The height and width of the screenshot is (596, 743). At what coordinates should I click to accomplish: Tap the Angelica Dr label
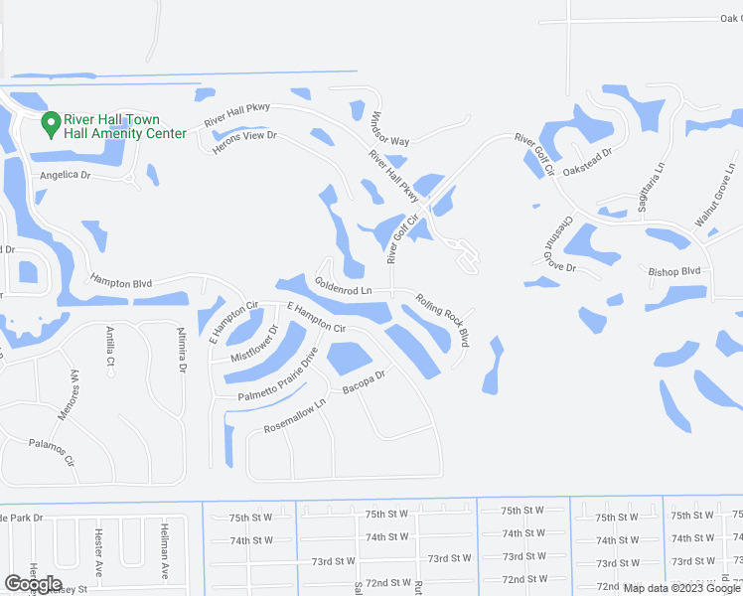pyautogui.click(x=65, y=175)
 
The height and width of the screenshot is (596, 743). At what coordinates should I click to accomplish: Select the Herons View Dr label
pyautogui.click(x=244, y=142)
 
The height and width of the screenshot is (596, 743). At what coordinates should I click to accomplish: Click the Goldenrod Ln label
pyautogui.click(x=343, y=286)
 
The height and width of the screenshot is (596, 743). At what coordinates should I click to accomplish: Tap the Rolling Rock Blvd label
pyautogui.click(x=442, y=320)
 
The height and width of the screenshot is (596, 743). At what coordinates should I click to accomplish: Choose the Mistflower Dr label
pyautogui.click(x=253, y=342)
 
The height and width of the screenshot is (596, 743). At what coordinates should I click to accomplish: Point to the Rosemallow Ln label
pyautogui.click(x=295, y=417)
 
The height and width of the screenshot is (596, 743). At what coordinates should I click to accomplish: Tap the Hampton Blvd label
pyautogui.click(x=120, y=283)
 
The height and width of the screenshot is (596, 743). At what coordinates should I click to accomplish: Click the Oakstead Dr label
pyautogui.click(x=589, y=161)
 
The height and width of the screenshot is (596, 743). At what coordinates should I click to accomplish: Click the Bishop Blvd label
pyautogui.click(x=674, y=270)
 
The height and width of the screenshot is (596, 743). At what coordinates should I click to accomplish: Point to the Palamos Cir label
pyautogui.click(x=52, y=453)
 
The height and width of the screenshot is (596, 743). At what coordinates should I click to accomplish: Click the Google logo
pyautogui.click(x=34, y=584)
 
